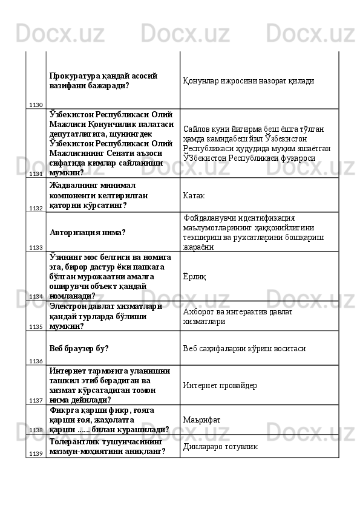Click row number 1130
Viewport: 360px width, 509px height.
(35, 105)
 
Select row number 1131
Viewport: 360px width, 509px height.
(35, 173)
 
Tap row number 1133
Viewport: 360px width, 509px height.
(35, 247)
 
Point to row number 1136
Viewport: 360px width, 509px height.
(35, 361)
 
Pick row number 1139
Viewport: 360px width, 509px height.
(35, 453)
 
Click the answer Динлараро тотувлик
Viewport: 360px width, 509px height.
(220, 446)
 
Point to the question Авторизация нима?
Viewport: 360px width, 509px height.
(87, 232)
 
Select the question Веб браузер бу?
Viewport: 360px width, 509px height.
(79, 348)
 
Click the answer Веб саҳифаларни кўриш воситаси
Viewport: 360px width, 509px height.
(244, 348)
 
